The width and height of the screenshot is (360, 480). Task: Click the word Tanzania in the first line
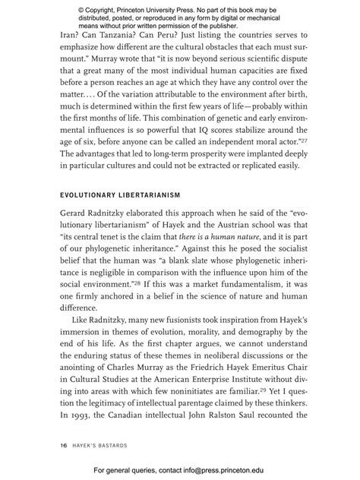(x=103, y=34)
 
